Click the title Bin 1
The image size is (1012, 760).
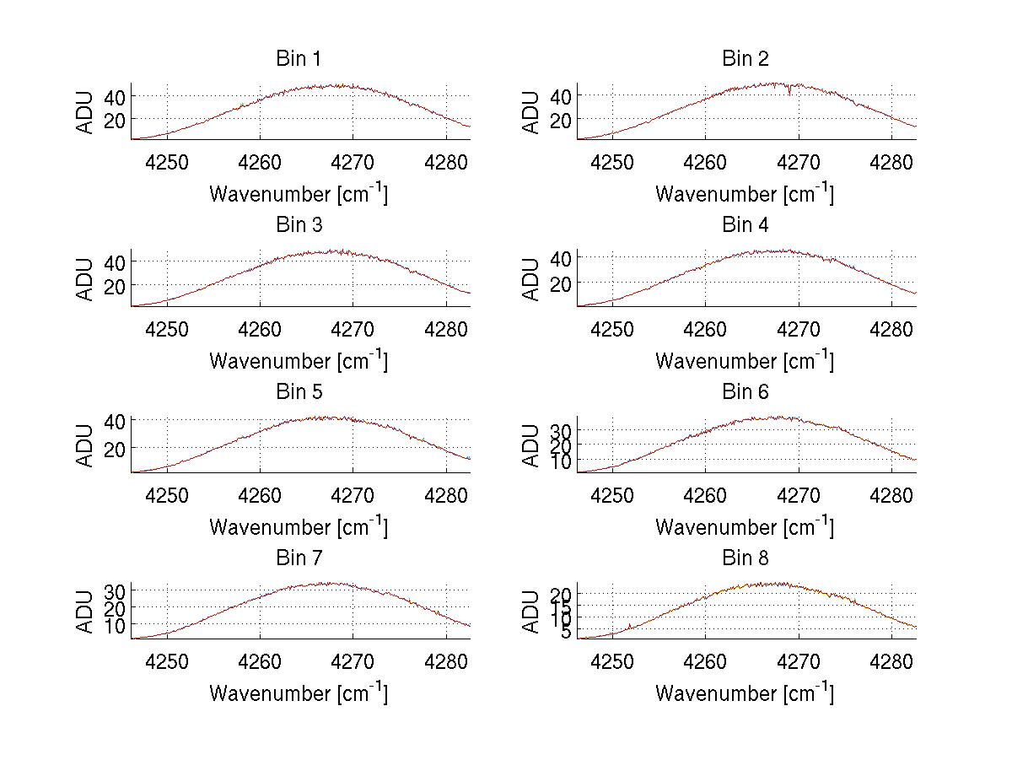[298, 59]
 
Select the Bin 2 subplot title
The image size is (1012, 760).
[745, 59]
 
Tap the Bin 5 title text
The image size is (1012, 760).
[298, 392]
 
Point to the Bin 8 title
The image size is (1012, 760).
[745, 558]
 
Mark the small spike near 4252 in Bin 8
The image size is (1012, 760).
[630, 625]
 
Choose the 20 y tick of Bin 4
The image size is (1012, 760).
[560, 283]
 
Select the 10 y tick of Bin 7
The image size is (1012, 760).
[114, 625]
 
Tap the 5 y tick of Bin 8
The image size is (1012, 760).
[564, 632]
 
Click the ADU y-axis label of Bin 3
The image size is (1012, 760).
[85, 278]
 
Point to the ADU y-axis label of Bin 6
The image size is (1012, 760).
[531, 445]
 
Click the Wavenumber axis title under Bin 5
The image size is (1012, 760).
[298, 527]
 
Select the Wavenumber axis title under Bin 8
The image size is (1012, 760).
[745, 693]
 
